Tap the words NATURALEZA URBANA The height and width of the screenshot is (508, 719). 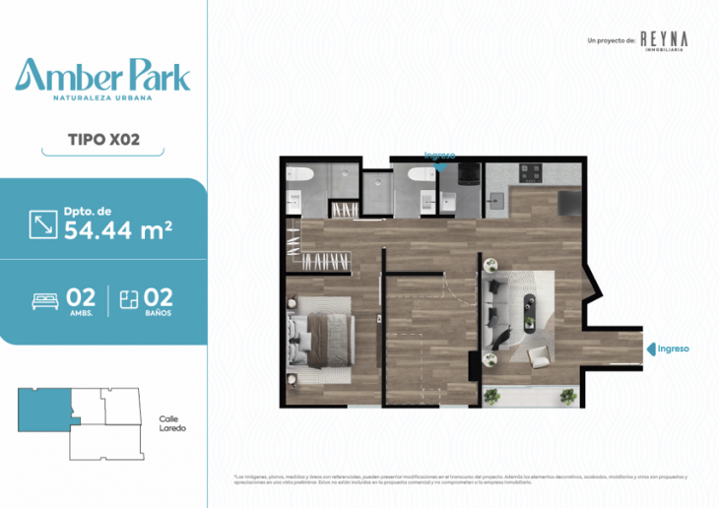(103, 98)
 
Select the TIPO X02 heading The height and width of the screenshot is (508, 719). (103, 139)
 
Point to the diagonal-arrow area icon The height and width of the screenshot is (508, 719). (44, 223)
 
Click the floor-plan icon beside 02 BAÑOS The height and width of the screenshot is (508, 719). (126, 299)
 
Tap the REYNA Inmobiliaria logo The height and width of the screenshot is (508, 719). (663, 39)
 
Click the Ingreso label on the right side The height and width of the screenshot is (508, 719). (672, 349)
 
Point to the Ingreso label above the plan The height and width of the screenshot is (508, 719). (438, 155)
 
